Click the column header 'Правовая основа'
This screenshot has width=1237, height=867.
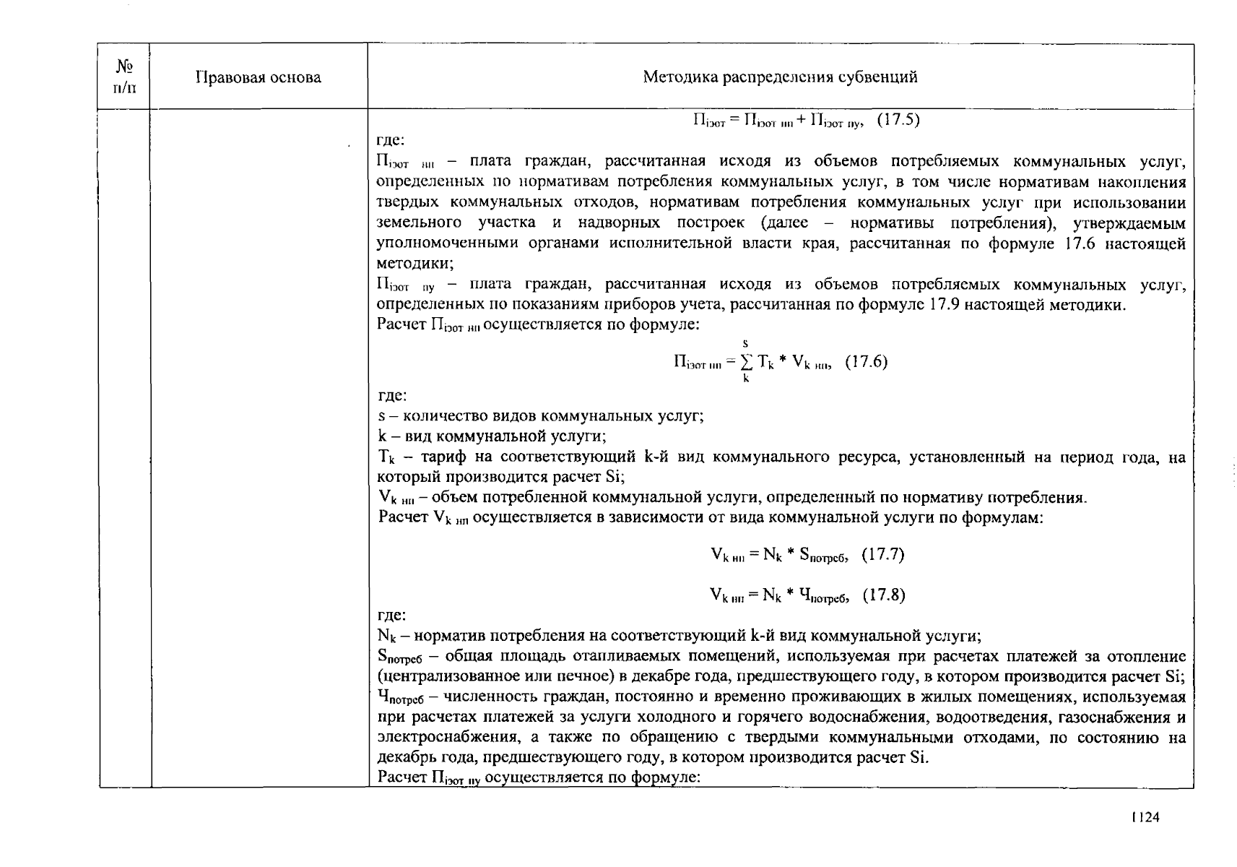pyautogui.click(x=258, y=77)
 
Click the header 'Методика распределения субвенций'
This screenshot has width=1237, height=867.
pyautogui.click(x=780, y=77)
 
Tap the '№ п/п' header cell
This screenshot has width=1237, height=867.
pyautogui.click(x=124, y=77)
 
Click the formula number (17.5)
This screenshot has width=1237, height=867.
pyautogui.click(x=898, y=120)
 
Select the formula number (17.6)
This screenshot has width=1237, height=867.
pyautogui.click(x=866, y=362)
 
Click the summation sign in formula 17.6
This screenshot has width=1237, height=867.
pyautogui.click(x=746, y=363)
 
